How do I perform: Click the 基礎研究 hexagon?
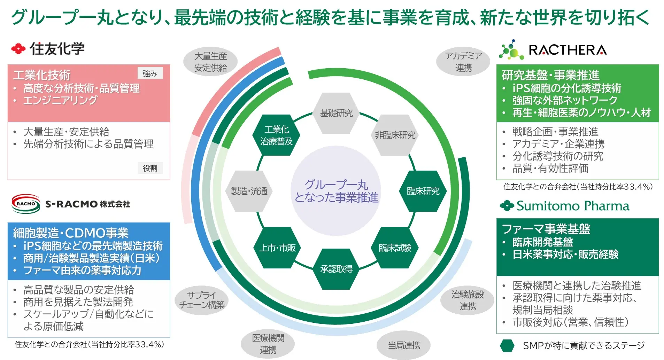[336, 113]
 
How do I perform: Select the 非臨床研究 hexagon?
[395, 135]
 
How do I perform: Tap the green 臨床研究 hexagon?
[423, 191]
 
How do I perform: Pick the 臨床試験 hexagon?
[395, 248]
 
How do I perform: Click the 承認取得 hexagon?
[336, 269]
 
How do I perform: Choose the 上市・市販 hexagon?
[277, 248]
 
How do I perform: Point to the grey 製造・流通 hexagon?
[249, 191]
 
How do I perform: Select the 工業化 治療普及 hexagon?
[277, 135]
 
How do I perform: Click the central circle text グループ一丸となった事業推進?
[336, 191]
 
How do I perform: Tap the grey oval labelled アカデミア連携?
[463, 62]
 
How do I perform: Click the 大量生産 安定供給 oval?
[210, 62]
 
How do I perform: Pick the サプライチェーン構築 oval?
[202, 300]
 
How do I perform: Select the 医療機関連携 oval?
[268, 344]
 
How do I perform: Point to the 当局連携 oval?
[404, 345]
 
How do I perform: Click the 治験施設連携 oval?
[468, 300]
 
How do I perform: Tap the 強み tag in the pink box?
[150, 73]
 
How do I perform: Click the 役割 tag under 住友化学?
[150, 168]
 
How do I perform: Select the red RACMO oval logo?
[26, 204]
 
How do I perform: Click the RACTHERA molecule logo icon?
[511, 50]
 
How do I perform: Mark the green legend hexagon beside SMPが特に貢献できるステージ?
[507, 345]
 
